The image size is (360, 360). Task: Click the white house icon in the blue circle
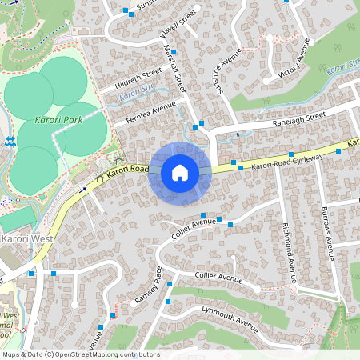pyautogui.click(x=180, y=173)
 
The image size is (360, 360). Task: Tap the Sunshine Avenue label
pyautogui.click(x=229, y=72)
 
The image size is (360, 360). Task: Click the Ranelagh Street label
pyautogui.click(x=298, y=116)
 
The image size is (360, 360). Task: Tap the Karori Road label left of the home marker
pyautogui.click(x=122, y=170)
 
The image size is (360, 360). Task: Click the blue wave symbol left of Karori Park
pyautogui.click(x=9, y=141)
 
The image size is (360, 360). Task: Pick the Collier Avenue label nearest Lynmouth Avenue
pyautogui.click(x=218, y=278)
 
